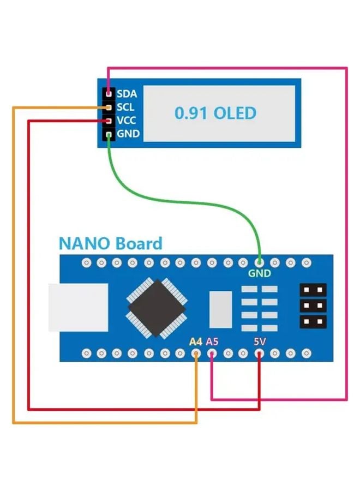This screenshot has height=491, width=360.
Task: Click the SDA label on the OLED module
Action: [127, 93]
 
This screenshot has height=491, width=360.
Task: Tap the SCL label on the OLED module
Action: [125, 107]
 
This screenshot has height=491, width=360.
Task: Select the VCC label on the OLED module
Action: [127, 120]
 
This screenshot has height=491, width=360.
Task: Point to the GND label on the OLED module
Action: [128, 134]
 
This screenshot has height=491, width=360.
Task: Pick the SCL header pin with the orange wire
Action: [109, 107]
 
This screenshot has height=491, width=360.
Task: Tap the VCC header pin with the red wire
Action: [109, 121]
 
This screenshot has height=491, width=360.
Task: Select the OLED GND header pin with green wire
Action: [109, 134]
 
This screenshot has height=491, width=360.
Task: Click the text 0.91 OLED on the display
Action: [215, 113]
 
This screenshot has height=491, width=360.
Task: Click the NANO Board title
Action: [110, 243]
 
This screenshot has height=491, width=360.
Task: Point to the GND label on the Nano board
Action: [259, 273]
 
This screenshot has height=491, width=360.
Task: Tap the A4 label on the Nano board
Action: [195, 342]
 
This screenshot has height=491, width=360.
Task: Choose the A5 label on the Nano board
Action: [212, 342]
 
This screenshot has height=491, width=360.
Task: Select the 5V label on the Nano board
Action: [260, 342]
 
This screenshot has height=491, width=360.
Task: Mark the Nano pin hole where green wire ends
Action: [259, 263]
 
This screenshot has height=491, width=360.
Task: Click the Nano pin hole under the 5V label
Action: [260, 353]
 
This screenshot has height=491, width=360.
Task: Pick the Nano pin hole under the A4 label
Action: [196, 353]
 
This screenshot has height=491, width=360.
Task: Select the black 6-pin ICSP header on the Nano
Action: [313, 306]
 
